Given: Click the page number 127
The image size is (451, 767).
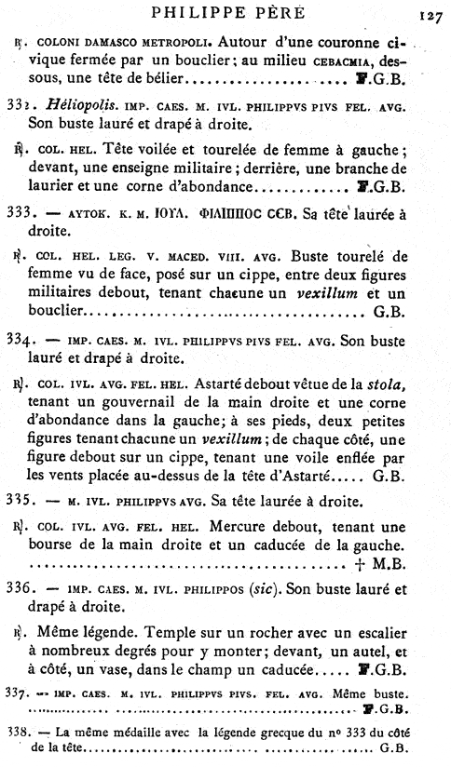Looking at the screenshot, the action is tap(430, 14).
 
